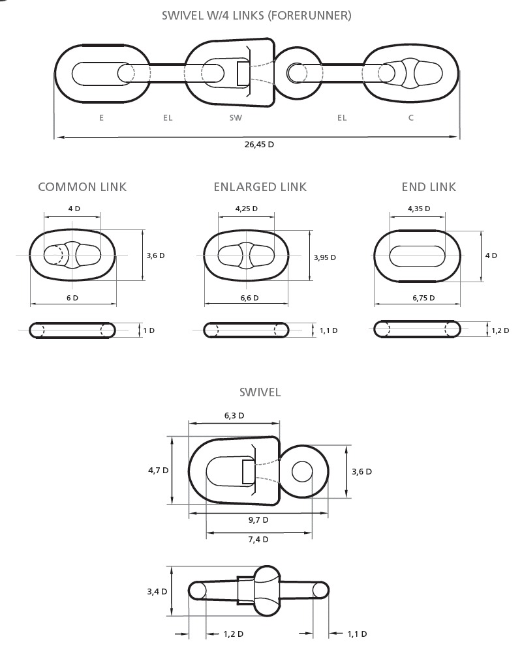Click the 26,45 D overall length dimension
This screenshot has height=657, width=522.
click(x=259, y=145)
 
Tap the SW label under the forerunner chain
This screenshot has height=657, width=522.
click(x=236, y=118)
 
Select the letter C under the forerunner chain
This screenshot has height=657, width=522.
click(x=411, y=118)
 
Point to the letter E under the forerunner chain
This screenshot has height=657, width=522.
click(x=101, y=118)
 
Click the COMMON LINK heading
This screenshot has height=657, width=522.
click(x=82, y=187)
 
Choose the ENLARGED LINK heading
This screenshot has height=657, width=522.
click(x=260, y=187)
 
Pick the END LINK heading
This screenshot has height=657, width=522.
click(x=429, y=187)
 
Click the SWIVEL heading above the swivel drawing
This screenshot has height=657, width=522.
click(x=260, y=392)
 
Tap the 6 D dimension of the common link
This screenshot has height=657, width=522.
click(x=72, y=298)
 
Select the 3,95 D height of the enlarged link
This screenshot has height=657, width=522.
click(x=325, y=257)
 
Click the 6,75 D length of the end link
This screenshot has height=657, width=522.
click(x=423, y=298)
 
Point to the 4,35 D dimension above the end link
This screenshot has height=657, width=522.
click(x=419, y=209)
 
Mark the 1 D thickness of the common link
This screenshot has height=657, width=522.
click(x=149, y=330)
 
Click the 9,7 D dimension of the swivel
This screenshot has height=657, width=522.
click(x=258, y=520)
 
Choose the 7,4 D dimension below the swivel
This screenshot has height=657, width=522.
click(x=258, y=540)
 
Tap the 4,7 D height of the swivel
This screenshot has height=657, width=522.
click(x=158, y=471)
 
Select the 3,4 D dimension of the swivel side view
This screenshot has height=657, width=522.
click(x=157, y=592)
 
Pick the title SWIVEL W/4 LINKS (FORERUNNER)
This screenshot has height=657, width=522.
click(x=257, y=16)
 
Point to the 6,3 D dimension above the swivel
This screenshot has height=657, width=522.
click(x=234, y=416)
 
